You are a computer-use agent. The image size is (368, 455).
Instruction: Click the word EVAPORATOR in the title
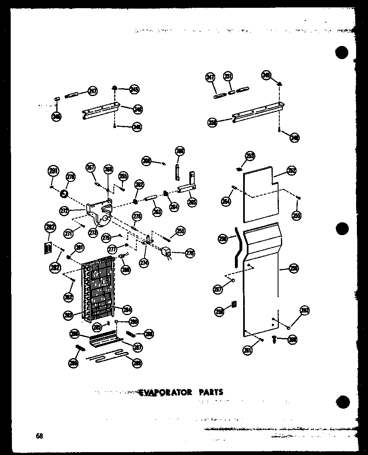165,392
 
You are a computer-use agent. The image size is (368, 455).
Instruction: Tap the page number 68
39,436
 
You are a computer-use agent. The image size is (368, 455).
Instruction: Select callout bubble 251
228,77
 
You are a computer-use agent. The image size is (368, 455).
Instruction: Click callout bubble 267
90,167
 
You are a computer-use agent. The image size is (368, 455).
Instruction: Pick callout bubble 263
157,212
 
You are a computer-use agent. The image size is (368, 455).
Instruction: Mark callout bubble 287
137,347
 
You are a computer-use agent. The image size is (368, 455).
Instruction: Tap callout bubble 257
218,289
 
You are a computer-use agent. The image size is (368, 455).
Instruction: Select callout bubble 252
292,171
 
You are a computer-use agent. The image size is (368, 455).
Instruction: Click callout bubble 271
69,233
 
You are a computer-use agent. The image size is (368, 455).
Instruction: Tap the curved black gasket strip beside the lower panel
235,248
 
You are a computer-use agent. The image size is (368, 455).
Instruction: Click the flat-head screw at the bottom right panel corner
274,338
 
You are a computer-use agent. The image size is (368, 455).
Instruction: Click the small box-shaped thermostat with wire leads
167,252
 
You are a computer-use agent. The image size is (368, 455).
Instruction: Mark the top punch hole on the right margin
341,53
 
